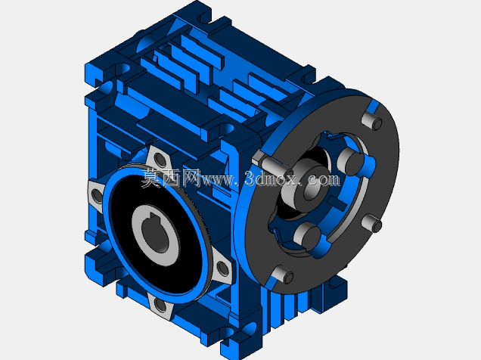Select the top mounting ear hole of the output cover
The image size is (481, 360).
tap(160, 160)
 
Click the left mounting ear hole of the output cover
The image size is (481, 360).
tap(96, 195)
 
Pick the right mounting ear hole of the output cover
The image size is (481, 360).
tap(222, 268)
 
